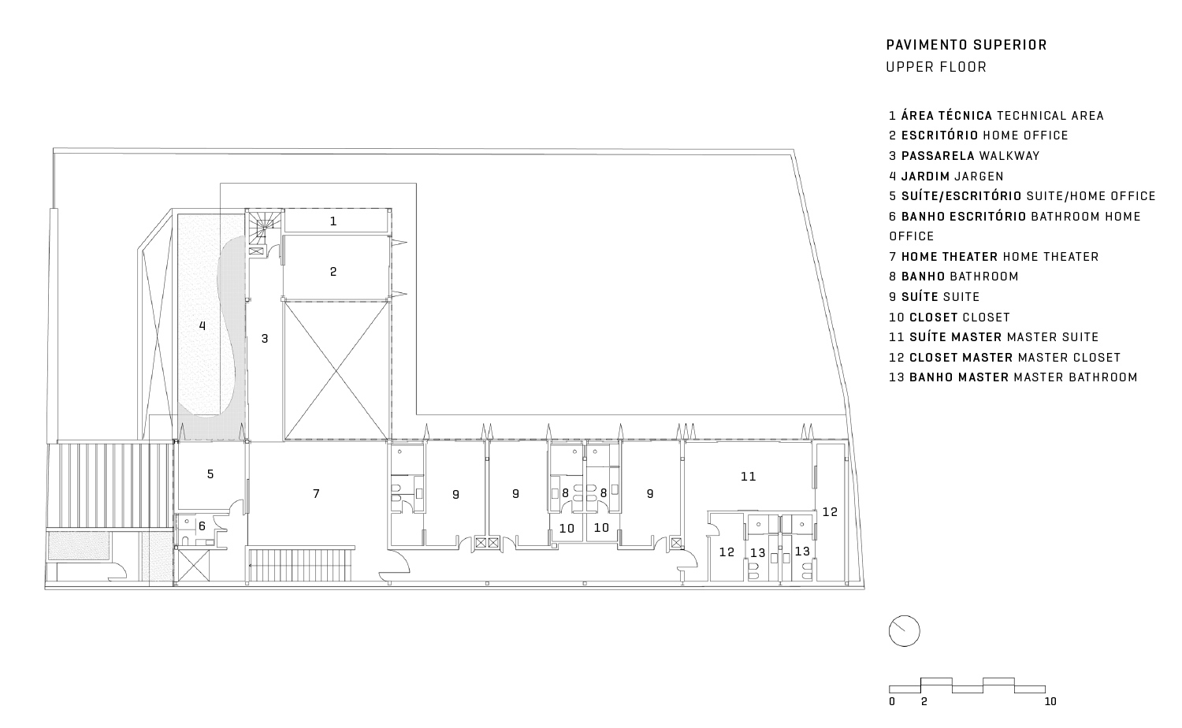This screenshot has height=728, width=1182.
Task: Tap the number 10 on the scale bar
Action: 1050,702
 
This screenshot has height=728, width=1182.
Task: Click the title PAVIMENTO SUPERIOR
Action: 966,45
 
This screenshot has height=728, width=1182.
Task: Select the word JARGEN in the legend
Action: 979,176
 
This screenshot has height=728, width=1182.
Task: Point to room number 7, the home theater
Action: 316,494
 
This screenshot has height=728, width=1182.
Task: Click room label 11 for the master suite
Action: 749,477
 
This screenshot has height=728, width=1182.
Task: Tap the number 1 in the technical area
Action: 333,221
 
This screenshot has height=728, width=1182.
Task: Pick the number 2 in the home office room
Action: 333,272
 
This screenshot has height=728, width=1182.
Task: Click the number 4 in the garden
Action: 202,326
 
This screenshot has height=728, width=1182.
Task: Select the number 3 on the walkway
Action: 265,339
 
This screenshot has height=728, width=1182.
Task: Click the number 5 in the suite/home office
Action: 210,474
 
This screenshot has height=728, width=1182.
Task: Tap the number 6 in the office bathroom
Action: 202,526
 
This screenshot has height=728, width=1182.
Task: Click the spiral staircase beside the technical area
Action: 264,227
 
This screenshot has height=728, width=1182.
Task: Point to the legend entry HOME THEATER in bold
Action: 950,257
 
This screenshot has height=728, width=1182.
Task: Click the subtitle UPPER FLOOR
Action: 936,68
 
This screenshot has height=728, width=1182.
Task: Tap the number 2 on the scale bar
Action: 924,702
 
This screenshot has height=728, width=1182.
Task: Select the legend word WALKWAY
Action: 1009,156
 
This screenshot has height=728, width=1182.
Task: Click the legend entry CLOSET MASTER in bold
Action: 961,358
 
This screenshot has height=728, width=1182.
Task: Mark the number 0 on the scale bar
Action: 892,702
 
